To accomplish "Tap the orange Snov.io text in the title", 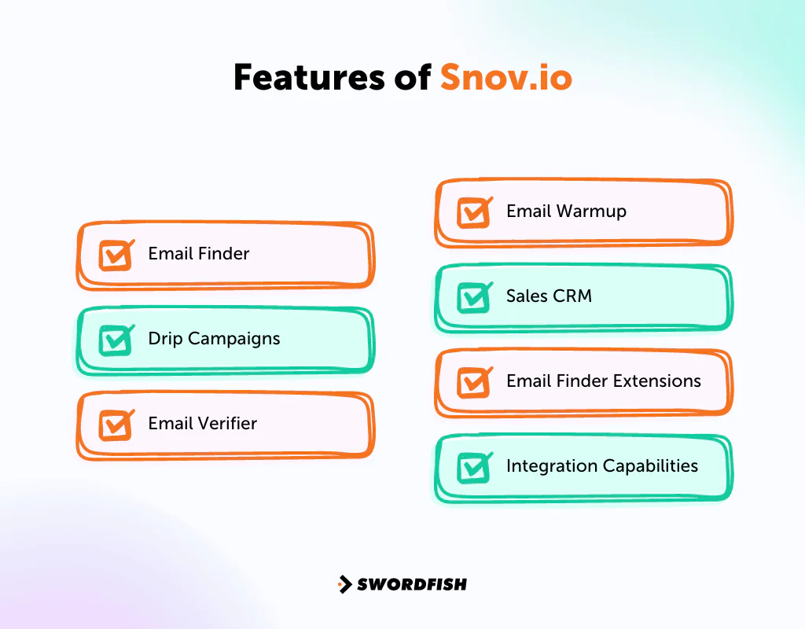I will (x=506, y=78).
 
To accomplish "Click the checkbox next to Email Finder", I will (x=115, y=255).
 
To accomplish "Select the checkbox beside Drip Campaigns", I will (x=115, y=340).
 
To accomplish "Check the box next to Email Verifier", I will (x=115, y=425).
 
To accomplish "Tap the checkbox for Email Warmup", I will (x=473, y=212).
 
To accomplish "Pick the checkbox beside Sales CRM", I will (x=473, y=297).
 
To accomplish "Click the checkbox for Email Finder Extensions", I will (x=473, y=382).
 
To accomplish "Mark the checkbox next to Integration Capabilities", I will (x=473, y=467).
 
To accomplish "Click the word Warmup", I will (x=590, y=212).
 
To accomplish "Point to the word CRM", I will (x=572, y=296).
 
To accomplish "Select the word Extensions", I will (x=653, y=381).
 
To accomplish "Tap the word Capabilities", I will (x=650, y=466).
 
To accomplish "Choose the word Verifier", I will (x=226, y=424).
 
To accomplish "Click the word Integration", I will (x=551, y=466).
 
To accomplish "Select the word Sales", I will (x=527, y=296).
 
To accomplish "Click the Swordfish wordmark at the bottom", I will (x=412, y=584).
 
